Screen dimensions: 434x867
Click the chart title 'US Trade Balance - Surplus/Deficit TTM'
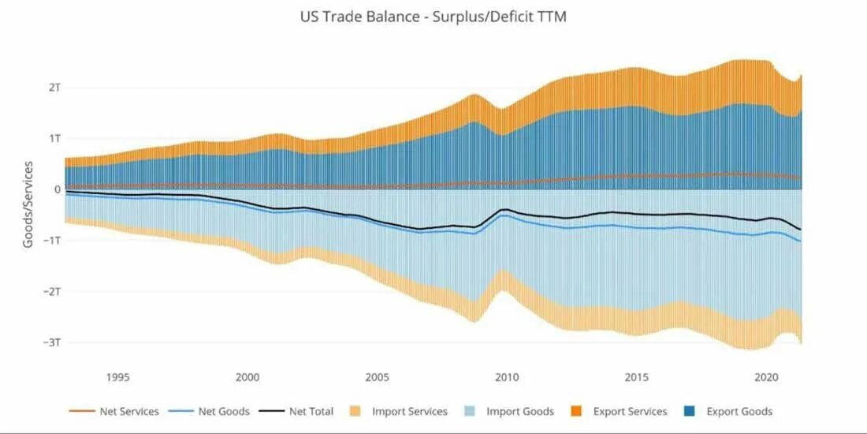pyautogui.click(x=433, y=16)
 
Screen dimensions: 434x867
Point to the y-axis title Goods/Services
pyautogui.click(x=28, y=204)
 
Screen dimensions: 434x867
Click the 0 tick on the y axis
pyautogui.click(x=58, y=189)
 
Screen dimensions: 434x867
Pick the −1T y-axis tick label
pyautogui.click(x=52, y=240)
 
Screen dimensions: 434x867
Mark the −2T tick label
pyautogui.click(x=52, y=291)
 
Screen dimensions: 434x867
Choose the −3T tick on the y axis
pyautogui.click(x=52, y=342)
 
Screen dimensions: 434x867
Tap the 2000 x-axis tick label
pyautogui.click(x=247, y=376)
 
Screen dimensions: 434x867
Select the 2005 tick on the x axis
pyautogui.click(x=378, y=376)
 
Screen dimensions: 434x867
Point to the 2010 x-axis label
pyautogui.click(x=508, y=376)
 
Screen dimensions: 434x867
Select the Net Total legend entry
pyautogui.click(x=297, y=411)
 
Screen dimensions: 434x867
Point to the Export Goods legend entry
pyautogui.click(x=728, y=411)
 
